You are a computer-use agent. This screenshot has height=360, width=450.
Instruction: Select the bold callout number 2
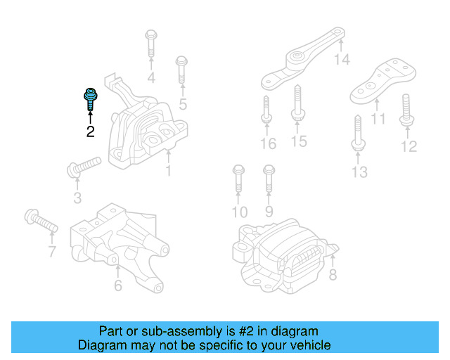pos(90,131)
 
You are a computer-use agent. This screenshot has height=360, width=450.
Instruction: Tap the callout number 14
pos(342,60)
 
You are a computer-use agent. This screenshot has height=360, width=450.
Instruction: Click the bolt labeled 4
pos(151,44)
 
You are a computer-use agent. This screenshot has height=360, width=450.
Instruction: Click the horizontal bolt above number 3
pos(83,167)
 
